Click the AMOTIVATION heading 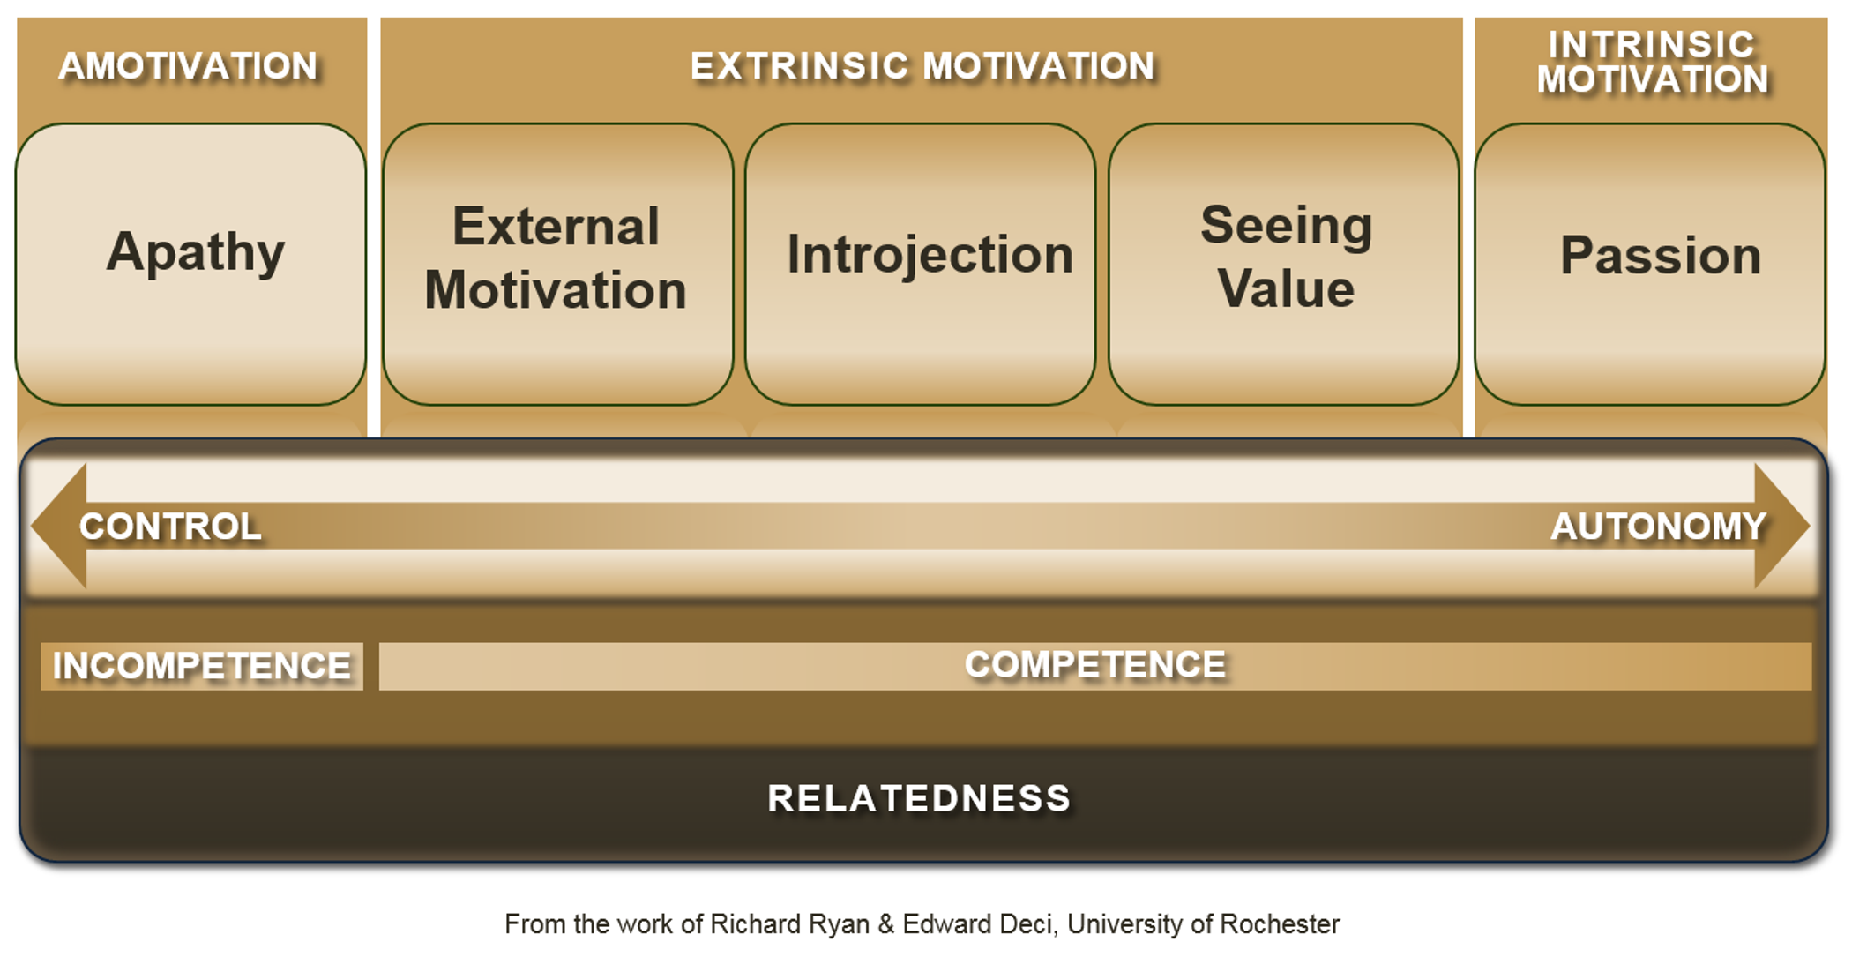pyautogui.click(x=188, y=66)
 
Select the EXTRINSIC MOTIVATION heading pyautogui.click(x=922, y=66)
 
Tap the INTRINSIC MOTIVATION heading pyautogui.click(x=1652, y=62)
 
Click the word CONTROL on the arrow pyautogui.click(x=170, y=527)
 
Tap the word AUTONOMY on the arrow pyautogui.click(x=1658, y=527)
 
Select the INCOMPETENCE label pyautogui.click(x=202, y=666)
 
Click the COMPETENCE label pyautogui.click(x=1094, y=665)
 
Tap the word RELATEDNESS pyautogui.click(x=919, y=798)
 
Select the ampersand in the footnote pyautogui.click(x=885, y=923)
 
